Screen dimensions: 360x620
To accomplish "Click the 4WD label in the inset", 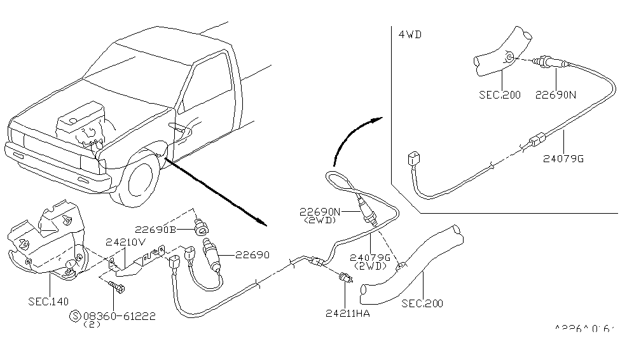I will (411, 35).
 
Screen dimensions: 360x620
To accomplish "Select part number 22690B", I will (155, 230).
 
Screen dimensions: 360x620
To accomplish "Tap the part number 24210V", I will (126, 242).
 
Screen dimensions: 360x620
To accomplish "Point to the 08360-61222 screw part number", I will (118, 315).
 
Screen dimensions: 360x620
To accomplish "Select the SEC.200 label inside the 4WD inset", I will (500, 95).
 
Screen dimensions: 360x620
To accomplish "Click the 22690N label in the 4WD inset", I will (555, 95).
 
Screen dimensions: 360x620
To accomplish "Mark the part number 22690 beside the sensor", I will (252, 254).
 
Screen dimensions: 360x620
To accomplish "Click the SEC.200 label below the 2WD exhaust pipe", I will (423, 303).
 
